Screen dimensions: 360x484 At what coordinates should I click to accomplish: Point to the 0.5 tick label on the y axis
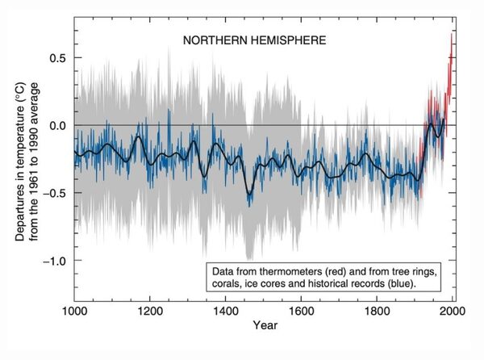point(56,58)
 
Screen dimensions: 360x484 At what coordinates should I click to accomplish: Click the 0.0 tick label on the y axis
point(56,125)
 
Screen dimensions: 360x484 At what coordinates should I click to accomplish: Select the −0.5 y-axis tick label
point(53,193)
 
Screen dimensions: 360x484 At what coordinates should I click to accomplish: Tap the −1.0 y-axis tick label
point(53,261)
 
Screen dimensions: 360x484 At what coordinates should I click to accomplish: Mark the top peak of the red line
point(450,33)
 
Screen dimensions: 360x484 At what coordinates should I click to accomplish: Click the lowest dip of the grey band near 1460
point(249,259)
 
